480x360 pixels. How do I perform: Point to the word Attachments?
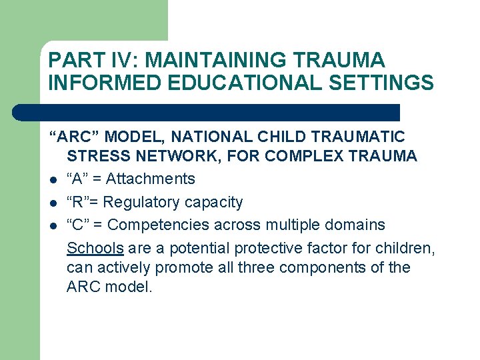coord(151,179)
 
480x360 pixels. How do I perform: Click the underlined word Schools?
coord(95,249)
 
